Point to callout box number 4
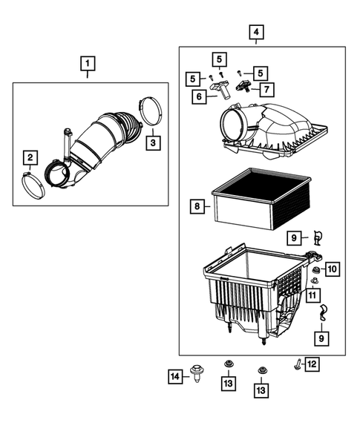(x=256, y=33)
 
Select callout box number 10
(x=332, y=268)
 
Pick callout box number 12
(x=312, y=364)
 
